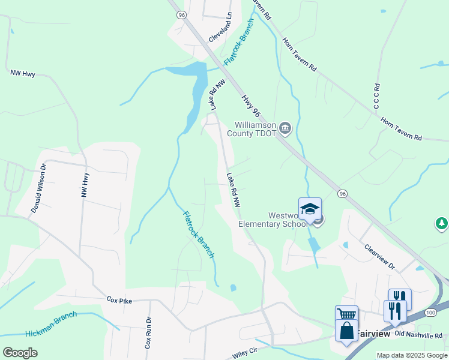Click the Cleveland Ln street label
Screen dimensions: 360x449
tap(220, 29)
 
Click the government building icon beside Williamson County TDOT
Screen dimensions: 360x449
tap(285, 127)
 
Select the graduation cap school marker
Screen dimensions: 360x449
tap(310, 209)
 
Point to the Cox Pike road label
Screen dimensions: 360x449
tap(119, 298)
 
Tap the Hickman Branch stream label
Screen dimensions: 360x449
tap(51, 324)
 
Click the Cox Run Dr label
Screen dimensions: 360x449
tap(148, 334)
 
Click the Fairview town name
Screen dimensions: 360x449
tap(374, 333)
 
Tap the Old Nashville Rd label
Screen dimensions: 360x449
tap(418, 334)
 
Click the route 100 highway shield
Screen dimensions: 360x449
tap(430, 313)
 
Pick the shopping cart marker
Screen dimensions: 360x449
tap(346, 315)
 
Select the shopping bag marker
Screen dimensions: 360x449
tap(346, 331)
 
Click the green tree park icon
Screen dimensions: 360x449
tap(441, 224)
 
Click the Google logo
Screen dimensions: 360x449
tap(20, 353)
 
